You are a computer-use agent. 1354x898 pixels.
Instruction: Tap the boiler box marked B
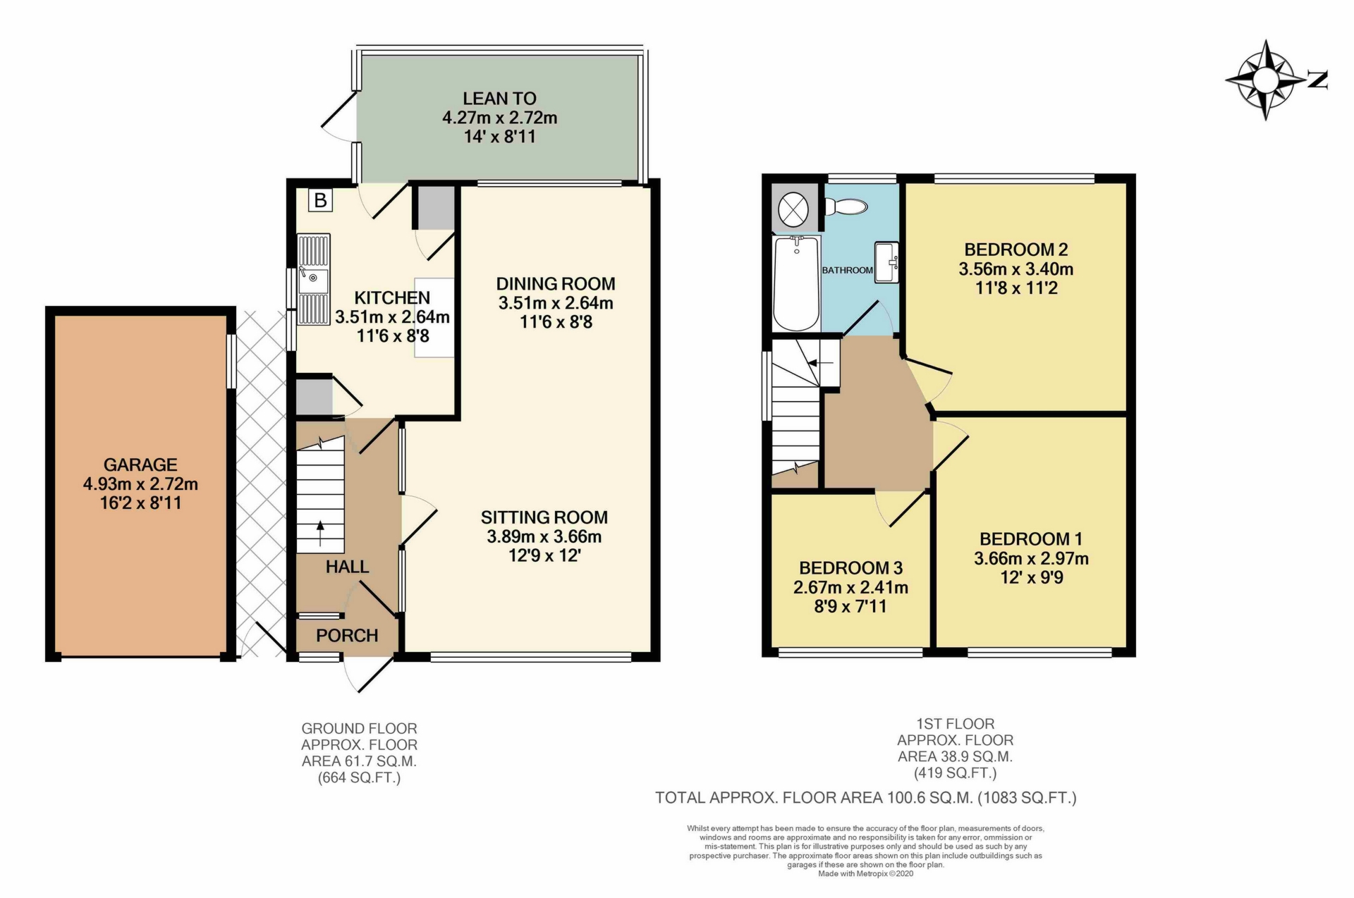click(320, 200)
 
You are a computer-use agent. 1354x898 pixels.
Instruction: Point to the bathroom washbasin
click(886, 262)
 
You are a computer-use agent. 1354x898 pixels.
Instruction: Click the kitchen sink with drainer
click(313, 280)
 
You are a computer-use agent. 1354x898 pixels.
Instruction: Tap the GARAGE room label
click(140, 465)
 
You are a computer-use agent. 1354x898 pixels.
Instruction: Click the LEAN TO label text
click(499, 99)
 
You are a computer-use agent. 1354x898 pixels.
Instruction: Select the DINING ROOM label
click(556, 283)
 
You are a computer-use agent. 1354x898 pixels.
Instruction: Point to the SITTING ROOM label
click(544, 517)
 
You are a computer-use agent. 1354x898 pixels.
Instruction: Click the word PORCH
click(347, 636)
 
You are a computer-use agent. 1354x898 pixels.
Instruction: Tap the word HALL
click(347, 567)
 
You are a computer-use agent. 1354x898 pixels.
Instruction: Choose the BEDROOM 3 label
click(850, 568)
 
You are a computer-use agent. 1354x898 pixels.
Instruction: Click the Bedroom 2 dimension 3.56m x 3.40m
click(1015, 269)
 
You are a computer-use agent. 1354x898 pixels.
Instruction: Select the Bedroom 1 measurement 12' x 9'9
click(1031, 578)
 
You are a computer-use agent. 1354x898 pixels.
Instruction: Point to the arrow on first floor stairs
click(820, 363)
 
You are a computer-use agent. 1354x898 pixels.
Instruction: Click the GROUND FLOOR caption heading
click(359, 728)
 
